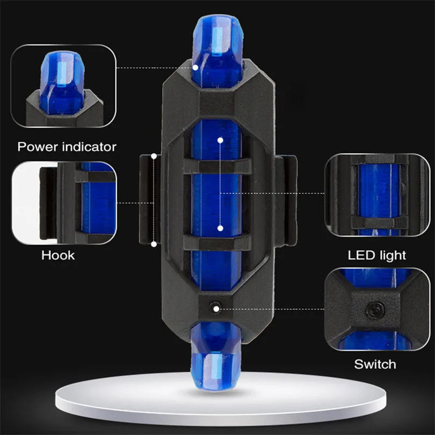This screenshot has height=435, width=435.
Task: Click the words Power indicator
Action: [x=67, y=146]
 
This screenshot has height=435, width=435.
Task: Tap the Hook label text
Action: [x=58, y=255]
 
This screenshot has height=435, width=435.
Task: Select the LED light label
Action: [x=376, y=255]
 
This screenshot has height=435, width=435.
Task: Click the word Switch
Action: [x=375, y=365]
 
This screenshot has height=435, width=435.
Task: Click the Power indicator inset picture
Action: [x=63, y=86]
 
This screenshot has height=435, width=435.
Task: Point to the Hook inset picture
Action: [x=63, y=203]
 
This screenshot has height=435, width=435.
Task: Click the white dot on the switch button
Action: [x=215, y=308]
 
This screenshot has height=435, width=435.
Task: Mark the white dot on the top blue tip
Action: [x=196, y=68]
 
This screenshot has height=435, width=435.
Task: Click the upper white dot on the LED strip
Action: [x=220, y=141]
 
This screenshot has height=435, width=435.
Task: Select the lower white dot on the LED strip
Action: [x=220, y=228]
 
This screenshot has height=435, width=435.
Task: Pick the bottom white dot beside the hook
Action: [x=154, y=244]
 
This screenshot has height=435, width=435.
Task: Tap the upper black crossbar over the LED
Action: [x=218, y=166]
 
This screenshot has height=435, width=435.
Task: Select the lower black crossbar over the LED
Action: [x=218, y=241]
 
